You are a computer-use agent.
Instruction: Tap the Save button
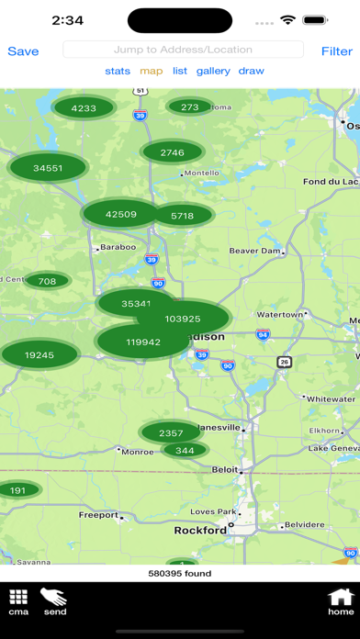click(23, 51)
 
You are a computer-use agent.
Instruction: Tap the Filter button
click(336, 51)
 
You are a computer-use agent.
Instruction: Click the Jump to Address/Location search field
click(183, 50)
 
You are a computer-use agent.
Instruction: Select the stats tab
click(118, 71)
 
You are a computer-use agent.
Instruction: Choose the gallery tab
click(213, 71)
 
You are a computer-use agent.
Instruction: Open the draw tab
click(251, 71)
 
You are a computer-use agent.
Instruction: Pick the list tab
click(180, 71)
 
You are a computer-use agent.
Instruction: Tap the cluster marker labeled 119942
click(143, 342)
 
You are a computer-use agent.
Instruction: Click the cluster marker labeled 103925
click(183, 319)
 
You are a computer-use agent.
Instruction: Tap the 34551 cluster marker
click(48, 168)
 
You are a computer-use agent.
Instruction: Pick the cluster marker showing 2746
click(172, 152)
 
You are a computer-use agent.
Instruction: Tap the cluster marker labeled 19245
click(39, 354)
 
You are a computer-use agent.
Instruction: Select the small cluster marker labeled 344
click(185, 424)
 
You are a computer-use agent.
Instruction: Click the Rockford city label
click(200, 530)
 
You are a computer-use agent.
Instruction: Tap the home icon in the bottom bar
click(341, 601)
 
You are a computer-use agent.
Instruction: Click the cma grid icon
click(18, 601)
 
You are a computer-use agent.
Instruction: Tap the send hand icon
click(55, 601)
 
